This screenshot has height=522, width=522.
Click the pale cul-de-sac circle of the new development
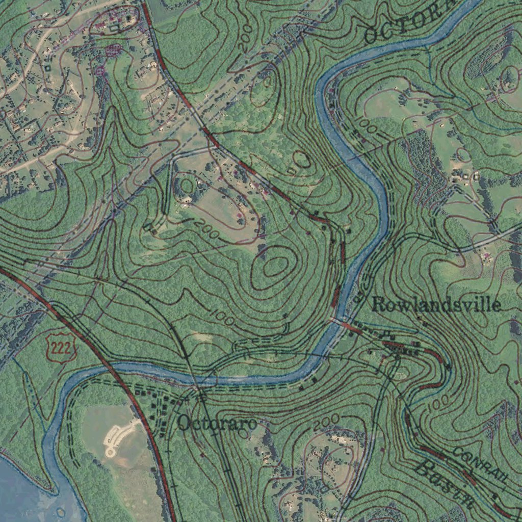pos(110,451)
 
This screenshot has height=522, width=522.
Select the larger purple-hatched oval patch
pos(113,49)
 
